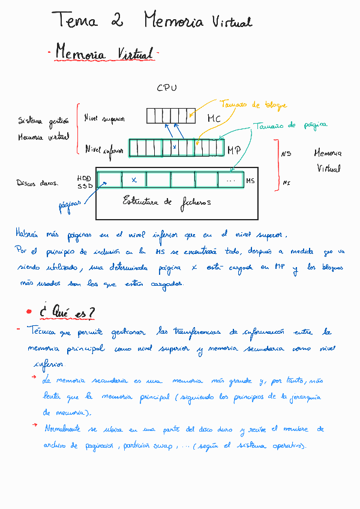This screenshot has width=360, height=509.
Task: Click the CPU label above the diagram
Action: click(167, 88)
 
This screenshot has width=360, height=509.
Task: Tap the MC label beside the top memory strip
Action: click(214, 119)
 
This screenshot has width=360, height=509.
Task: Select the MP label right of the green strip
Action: click(234, 150)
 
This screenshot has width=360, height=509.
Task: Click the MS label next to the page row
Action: click(251, 179)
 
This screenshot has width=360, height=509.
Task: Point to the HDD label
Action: click(84, 178)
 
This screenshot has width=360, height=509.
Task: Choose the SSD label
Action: click(84, 187)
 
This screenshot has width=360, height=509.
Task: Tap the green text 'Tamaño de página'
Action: click(290, 125)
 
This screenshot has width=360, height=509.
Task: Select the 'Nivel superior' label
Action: click(104, 118)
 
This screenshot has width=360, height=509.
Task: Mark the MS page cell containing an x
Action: click(134, 179)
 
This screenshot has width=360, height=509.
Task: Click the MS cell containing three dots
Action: click(230, 179)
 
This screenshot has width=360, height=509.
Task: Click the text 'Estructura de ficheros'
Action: click(167, 202)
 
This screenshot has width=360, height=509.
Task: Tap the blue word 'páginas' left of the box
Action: click(70, 206)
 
